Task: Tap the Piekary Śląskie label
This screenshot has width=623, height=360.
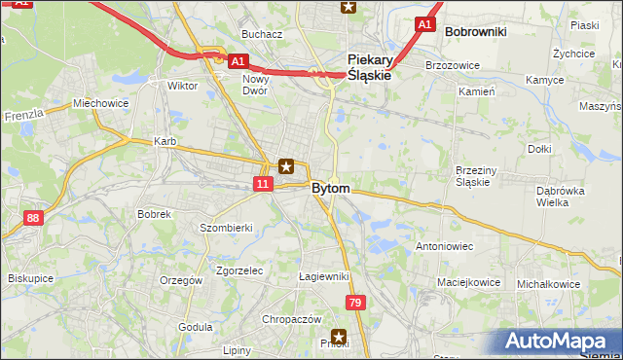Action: [369, 66]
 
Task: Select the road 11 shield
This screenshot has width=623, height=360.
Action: [264, 183]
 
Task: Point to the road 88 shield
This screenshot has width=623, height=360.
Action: [33, 219]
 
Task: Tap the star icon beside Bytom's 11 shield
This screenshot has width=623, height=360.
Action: [286, 166]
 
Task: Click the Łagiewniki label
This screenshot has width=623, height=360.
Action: [324, 277]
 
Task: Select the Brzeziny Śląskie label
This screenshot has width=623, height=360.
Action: [478, 176]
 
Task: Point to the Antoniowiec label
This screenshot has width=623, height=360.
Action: [444, 246]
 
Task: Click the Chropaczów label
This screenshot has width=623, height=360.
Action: [291, 319]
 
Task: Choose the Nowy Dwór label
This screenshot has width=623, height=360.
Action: [256, 85]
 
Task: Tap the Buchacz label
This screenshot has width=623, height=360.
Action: [262, 34]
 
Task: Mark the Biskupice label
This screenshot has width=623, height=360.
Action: [29, 277]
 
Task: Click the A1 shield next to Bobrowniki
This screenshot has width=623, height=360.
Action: [423, 23]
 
